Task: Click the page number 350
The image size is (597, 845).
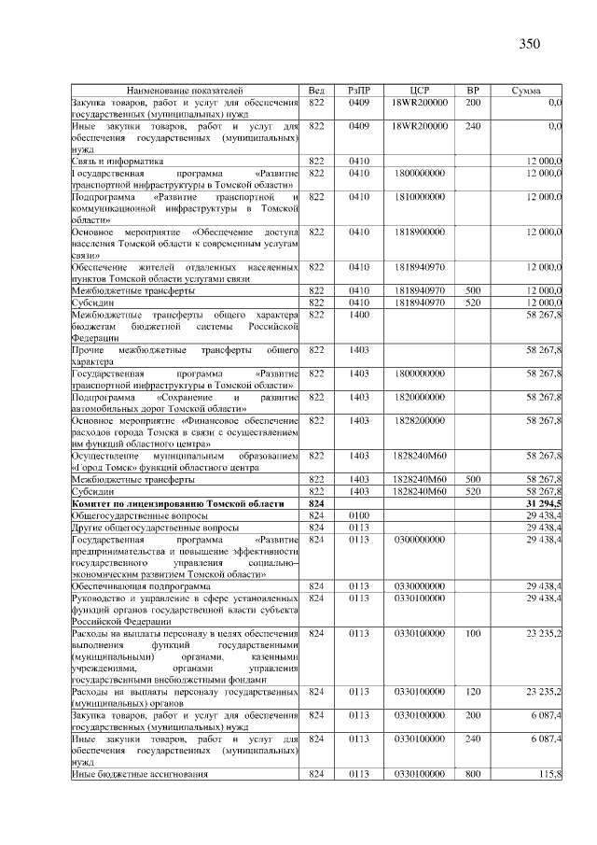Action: click(x=530, y=43)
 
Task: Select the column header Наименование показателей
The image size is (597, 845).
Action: click(x=185, y=90)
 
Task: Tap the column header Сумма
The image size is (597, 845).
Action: click(x=528, y=90)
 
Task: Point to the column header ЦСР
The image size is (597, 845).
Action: click(x=419, y=90)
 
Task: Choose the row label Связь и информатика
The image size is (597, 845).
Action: click(x=113, y=161)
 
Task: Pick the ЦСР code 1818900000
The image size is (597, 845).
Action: click(x=419, y=231)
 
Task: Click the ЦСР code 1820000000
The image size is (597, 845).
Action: click(x=419, y=397)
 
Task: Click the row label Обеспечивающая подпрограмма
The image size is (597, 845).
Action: click(x=141, y=585)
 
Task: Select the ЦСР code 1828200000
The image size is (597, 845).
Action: click(x=419, y=421)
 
